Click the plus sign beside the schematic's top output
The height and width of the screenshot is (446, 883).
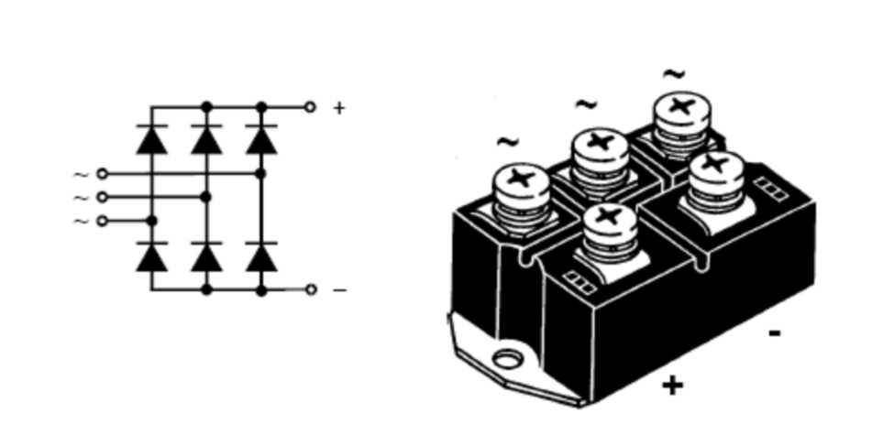pos(339,108)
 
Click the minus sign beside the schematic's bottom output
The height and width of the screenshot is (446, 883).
pos(339,289)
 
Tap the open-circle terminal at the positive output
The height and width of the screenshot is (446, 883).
pos(310,108)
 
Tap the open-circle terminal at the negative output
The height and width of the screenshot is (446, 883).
pos(310,289)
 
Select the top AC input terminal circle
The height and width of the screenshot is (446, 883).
pos(102,173)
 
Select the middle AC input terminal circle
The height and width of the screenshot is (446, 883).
pos(102,197)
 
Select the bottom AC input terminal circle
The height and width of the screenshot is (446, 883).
pos(102,221)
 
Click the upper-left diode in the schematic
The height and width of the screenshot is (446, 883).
pos(151,139)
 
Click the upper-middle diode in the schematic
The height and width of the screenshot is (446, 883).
pos(206,139)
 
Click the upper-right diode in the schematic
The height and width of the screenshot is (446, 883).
pos(261,139)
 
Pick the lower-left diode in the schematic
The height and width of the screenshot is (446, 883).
pos(151,257)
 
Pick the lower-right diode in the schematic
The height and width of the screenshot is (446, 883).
pos(261,257)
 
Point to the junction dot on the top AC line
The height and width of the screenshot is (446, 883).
pos(261,173)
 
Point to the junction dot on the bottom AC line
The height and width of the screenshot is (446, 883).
pos(151,221)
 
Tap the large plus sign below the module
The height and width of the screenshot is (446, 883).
pos(672,385)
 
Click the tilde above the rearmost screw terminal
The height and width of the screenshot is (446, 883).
pos(674,73)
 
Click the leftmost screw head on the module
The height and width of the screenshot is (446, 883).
pos(520,177)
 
